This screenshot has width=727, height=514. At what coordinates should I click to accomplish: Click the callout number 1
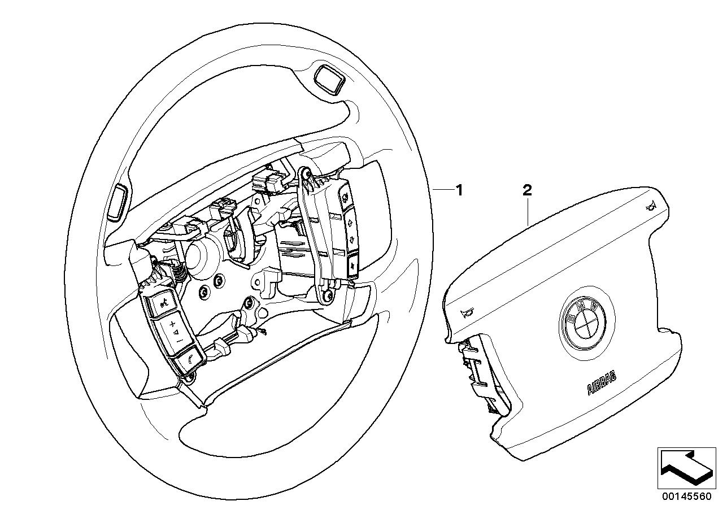pyautogui.click(x=459, y=191)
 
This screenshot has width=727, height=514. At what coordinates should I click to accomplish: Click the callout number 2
pyautogui.click(x=526, y=191)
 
